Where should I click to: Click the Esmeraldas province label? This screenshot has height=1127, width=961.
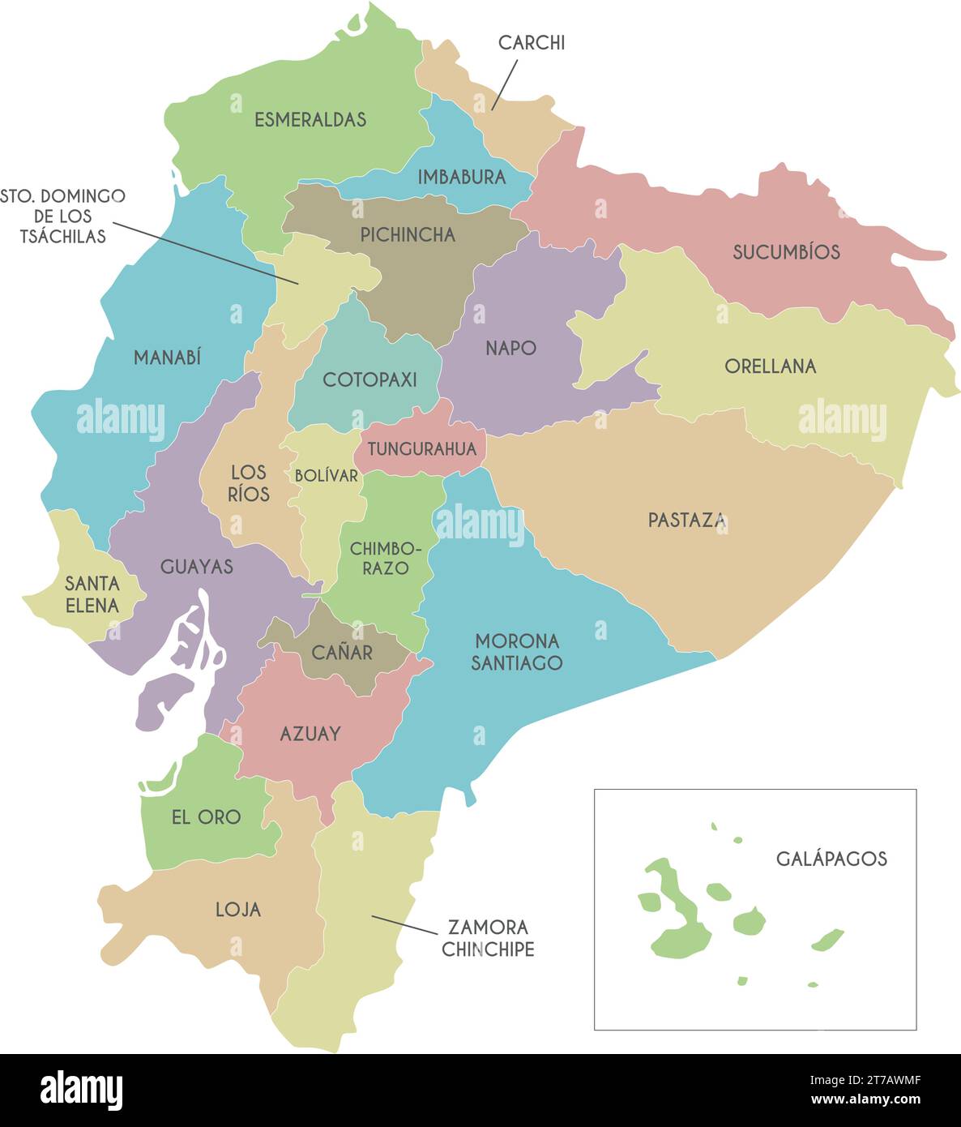pos(310,119)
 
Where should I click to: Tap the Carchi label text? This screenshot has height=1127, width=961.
pos(531,43)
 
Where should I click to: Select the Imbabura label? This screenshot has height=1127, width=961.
pos(461,177)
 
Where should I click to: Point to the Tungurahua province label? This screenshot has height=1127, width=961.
pos(421,448)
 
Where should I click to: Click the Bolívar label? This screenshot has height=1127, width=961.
pos(326,476)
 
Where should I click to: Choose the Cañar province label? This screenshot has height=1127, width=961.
pos(342,652)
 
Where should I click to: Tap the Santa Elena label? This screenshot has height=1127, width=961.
pos(92,594)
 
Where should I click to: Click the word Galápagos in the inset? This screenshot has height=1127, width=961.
pos(831,859)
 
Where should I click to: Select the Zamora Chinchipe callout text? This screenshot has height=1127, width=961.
pos(488,938)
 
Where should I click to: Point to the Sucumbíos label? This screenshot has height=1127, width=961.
pos(786,252)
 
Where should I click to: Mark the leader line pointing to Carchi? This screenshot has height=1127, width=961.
pos(504,85)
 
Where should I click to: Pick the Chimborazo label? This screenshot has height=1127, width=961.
pos(385,559)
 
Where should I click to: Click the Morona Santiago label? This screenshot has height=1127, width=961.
pos(516,651)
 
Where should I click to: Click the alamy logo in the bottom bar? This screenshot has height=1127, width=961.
pos(81,1091)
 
